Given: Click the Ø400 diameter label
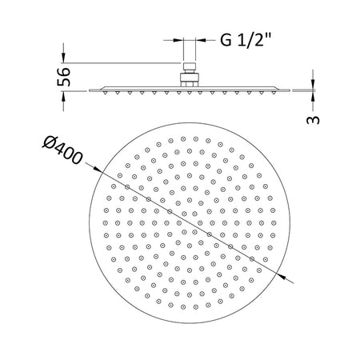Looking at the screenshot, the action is [62, 150].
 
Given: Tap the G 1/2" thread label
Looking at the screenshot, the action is [246, 40].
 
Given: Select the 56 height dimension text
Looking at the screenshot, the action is [64, 77].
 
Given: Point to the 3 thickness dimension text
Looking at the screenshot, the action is [313, 120].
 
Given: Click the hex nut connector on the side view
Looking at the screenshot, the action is [190, 77].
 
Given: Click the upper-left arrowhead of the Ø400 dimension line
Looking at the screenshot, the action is [98, 170].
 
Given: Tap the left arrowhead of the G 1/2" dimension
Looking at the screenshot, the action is [178, 41].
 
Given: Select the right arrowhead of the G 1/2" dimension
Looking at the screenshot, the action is [201, 41].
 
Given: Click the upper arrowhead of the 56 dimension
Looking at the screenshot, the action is [63, 58].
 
